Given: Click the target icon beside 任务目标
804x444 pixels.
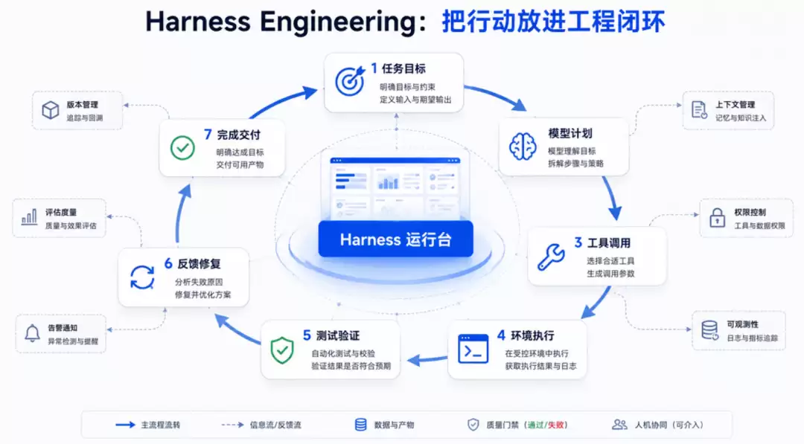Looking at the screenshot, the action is (350, 80).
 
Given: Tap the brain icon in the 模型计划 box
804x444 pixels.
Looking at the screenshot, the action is (523, 147).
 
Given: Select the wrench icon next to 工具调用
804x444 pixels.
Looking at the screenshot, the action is (551, 257).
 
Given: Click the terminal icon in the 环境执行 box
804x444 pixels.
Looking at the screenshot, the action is (473, 350).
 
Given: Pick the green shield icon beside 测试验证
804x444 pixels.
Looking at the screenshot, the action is (282, 350).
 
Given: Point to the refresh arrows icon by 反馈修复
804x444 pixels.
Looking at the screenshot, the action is (142, 277).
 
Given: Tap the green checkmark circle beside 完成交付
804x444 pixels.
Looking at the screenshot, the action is (182, 148).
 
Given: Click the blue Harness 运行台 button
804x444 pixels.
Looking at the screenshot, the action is (395, 239).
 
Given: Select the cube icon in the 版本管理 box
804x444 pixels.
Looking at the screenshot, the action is (51, 110).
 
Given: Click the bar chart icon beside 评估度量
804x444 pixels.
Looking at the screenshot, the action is (29, 217).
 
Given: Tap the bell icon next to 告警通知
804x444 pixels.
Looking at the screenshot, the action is (32, 333).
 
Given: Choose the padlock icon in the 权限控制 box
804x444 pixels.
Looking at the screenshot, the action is (717, 218).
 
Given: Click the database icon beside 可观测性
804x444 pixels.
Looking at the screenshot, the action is (709, 330).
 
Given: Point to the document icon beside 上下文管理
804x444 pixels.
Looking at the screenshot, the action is (699, 110).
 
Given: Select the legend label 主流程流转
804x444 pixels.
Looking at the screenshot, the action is (161, 425).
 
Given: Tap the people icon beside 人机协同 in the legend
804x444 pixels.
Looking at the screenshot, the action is (619, 425).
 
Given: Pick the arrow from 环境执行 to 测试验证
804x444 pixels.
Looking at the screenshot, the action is (427, 360).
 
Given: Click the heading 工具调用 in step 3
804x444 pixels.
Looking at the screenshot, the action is (609, 242).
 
